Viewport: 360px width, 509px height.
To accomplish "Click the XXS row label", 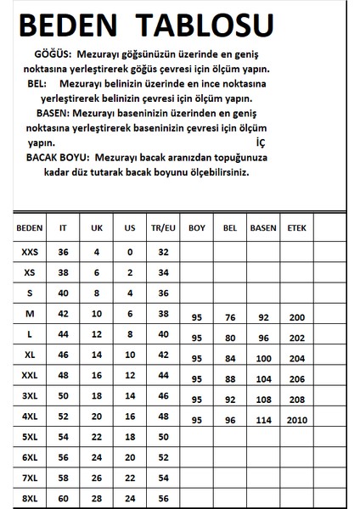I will [x=29, y=252].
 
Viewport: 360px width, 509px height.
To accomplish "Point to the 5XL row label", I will [x=29, y=438].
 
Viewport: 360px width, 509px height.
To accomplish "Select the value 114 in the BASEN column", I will [x=262, y=420].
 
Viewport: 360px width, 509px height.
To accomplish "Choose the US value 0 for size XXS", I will [x=128, y=252].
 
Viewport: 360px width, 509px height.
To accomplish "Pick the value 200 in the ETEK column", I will [x=296, y=318].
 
